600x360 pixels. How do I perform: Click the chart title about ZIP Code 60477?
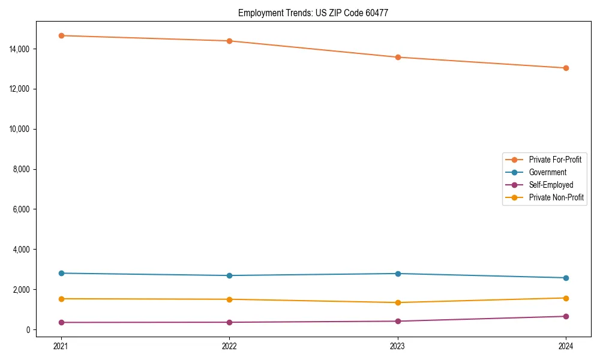pos(313,13)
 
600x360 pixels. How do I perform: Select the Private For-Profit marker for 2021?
pos(61,35)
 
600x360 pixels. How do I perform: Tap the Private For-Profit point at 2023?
pos(398,57)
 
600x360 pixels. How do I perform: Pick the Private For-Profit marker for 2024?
pos(566,68)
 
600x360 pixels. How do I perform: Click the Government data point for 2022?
pos(229,275)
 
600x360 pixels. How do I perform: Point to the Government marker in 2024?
pos(566,278)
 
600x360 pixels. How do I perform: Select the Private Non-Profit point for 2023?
pos(398,302)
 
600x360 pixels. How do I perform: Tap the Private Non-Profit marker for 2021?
pos(61,299)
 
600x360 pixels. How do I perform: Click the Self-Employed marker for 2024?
pos(566,316)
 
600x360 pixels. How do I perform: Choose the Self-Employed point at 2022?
pos(229,322)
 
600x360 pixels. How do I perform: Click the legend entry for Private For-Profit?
pos(554,160)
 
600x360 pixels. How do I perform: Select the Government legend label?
pos(547,172)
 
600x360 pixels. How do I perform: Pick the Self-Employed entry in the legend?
pos(551,185)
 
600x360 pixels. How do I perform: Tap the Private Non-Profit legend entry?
pos(556,197)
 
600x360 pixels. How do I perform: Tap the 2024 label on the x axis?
pos(566,346)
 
